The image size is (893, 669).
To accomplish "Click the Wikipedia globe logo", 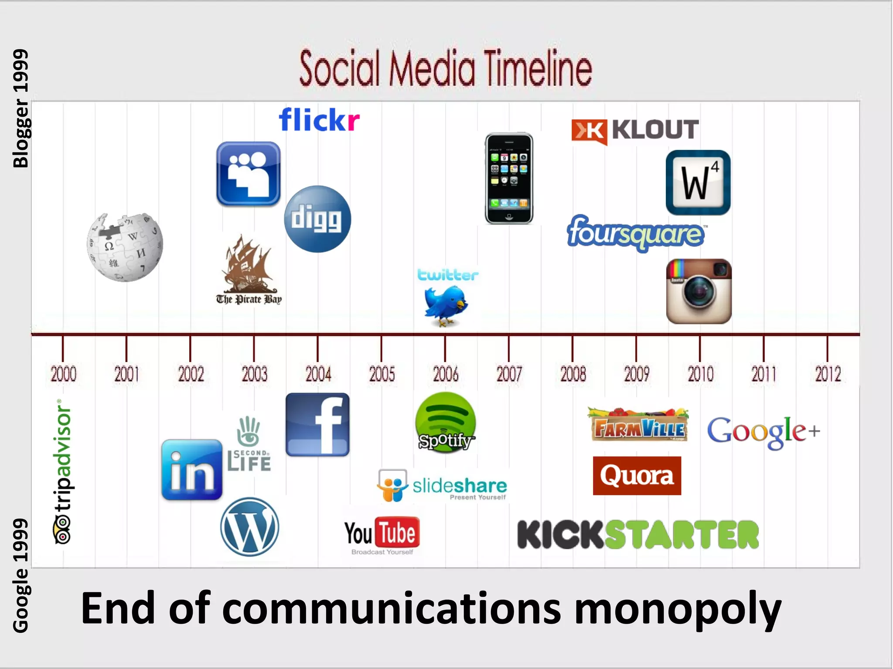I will (125, 247).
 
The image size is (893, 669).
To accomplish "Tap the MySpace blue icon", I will (248, 174).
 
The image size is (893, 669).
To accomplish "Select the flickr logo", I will (319, 120).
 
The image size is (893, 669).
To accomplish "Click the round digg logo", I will (317, 219).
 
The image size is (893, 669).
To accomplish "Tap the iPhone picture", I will (509, 179).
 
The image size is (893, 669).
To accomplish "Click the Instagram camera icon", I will (699, 291).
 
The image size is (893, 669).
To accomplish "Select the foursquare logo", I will (635, 233).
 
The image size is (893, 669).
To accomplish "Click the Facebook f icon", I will (317, 425).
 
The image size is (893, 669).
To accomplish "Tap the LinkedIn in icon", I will (192, 470).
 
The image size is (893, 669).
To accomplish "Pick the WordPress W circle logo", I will (249, 527).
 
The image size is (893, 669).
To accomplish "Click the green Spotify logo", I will (446, 422).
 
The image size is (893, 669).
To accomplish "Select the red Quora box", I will (637, 476).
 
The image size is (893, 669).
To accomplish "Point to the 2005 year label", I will (382, 374).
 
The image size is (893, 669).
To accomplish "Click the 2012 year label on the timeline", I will (828, 374).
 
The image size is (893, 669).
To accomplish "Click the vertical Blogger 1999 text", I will (20, 108).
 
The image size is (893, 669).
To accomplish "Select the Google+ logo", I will (763, 431).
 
